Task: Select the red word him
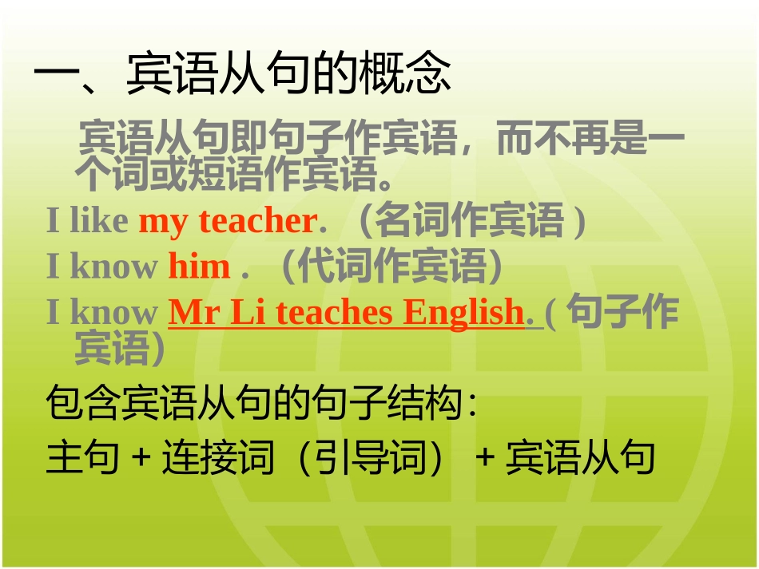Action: click(199, 267)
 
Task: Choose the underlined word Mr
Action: click(193, 313)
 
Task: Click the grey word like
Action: click(99, 221)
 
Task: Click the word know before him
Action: click(114, 267)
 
